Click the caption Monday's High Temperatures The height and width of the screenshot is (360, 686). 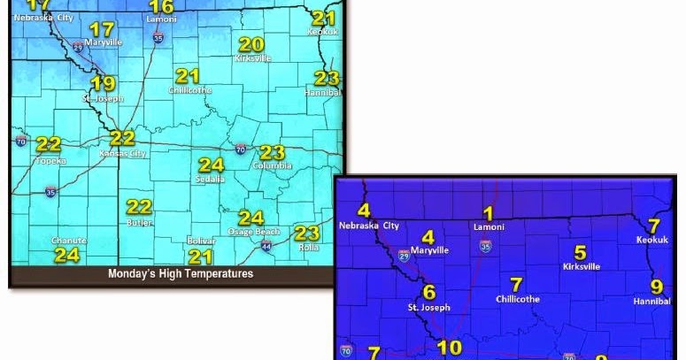(x=181, y=274)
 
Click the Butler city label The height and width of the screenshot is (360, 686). (x=139, y=223)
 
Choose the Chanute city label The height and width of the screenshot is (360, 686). (x=68, y=241)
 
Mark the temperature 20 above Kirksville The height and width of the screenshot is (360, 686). (x=251, y=44)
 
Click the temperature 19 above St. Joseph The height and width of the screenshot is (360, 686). (x=104, y=84)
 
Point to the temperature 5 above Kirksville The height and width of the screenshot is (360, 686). (x=581, y=252)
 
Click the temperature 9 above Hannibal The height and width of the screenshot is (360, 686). (x=656, y=287)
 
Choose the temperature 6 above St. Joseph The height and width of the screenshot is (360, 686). (x=429, y=292)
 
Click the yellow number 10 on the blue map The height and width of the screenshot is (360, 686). (x=450, y=348)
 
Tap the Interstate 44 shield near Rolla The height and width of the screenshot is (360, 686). (x=266, y=246)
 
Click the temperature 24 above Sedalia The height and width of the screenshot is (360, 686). (x=211, y=165)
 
